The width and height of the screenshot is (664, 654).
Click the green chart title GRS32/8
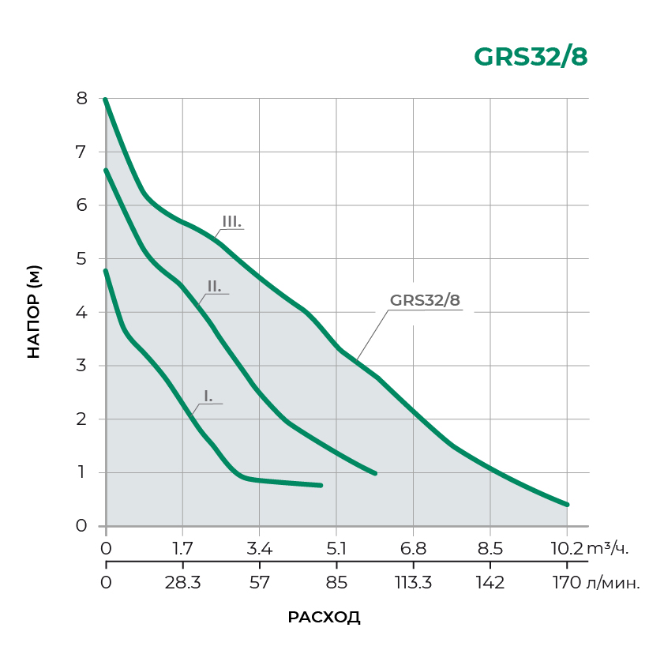531,58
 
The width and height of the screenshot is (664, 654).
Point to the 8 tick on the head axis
81,99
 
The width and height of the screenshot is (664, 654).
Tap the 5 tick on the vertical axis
81,259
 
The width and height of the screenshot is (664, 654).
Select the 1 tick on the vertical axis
81,472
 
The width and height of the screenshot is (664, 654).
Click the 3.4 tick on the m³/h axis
260,548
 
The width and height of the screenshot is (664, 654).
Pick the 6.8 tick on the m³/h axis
413,548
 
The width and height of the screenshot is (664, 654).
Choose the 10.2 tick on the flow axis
567,548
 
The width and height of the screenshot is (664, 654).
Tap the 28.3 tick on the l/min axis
182,584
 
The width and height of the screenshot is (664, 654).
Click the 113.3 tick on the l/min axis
413,584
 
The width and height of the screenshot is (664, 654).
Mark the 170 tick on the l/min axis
567,584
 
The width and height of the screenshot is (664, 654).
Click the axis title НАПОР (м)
33,312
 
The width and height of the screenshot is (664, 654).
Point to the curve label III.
231,222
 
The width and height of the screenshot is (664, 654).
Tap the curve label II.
214,286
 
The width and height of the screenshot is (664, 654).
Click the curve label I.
208,397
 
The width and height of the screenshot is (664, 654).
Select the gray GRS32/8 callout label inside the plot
425,300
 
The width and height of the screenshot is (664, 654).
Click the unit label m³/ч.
608,548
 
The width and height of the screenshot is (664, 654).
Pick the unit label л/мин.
615,584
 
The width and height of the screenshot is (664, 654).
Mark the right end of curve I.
321,485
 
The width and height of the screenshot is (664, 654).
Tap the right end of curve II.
374,473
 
